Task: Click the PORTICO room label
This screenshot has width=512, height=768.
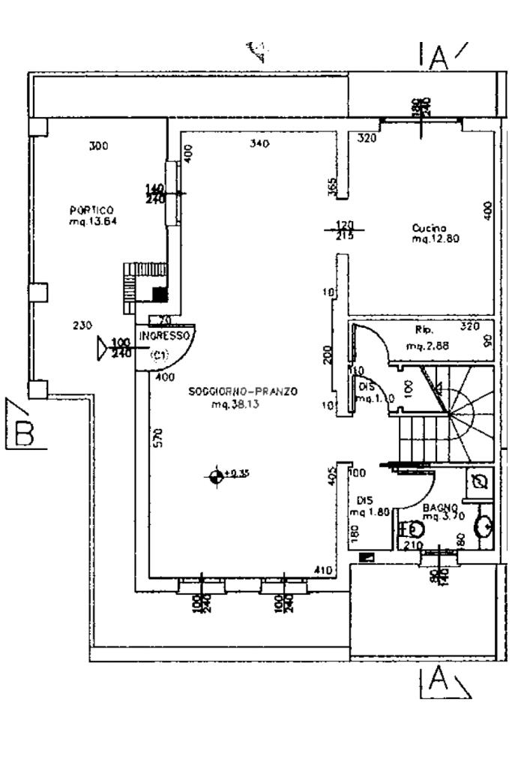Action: pyautogui.click(x=91, y=211)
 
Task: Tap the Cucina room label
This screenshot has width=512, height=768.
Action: pyautogui.click(x=430, y=228)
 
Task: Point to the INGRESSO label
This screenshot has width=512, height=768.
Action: pyautogui.click(x=164, y=337)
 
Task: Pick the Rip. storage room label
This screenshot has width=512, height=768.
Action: pyautogui.click(x=424, y=329)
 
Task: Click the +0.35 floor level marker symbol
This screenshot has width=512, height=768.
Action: pyautogui.click(x=217, y=475)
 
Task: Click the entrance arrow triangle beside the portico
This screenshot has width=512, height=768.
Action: pyautogui.click(x=103, y=348)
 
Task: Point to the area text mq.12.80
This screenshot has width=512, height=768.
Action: pyautogui.click(x=435, y=239)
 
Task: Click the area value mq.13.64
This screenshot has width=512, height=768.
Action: pyautogui.click(x=93, y=221)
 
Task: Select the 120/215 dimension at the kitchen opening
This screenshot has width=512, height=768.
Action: pyautogui.click(x=344, y=229)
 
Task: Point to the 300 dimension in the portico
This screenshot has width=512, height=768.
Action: pyautogui.click(x=98, y=146)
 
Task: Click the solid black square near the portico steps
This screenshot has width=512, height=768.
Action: pyautogui.click(x=158, y=292)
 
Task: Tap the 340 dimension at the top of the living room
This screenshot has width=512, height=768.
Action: pyautogui.click(x=259, y=143)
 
